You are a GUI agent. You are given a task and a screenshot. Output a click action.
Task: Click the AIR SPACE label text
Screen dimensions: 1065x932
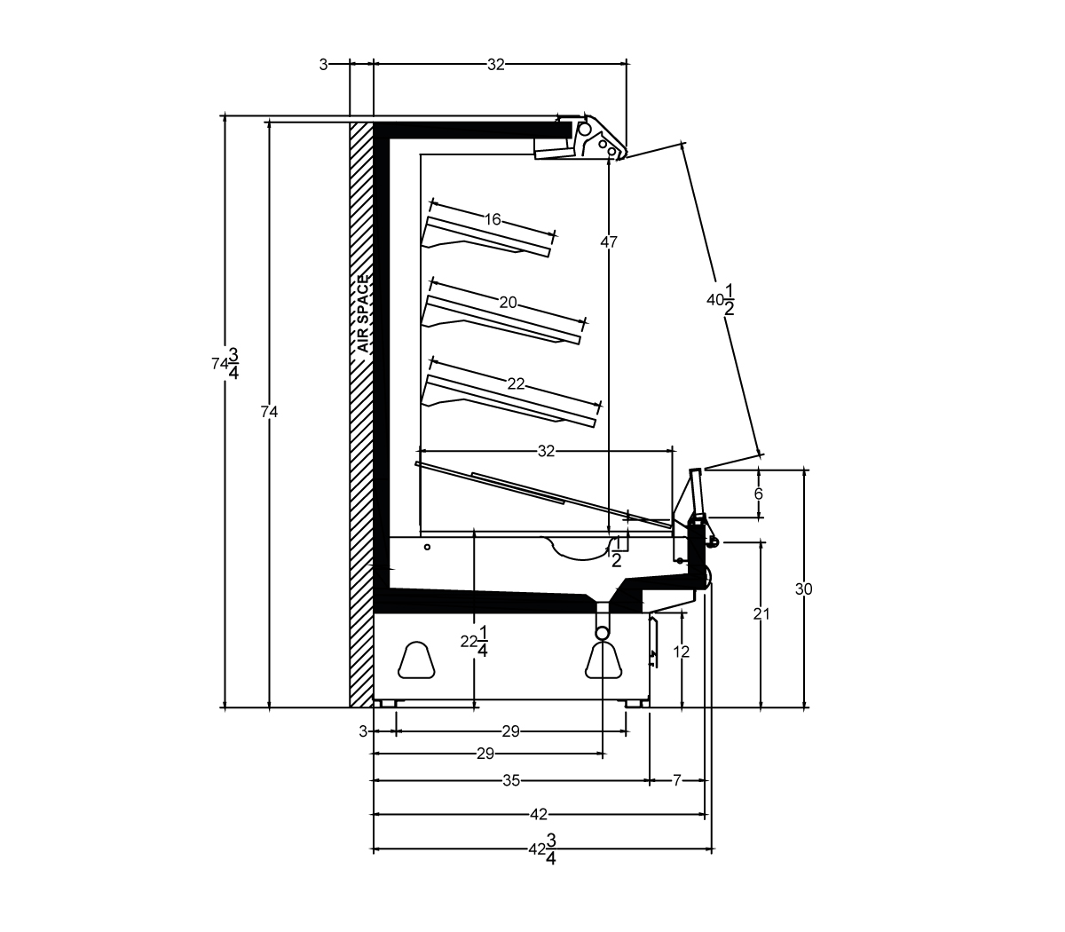pos(363,314)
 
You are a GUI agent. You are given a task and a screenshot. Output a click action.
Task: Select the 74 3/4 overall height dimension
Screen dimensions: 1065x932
pos(225,363)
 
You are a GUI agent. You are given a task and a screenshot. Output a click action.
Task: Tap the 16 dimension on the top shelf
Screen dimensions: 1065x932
pos(493,219)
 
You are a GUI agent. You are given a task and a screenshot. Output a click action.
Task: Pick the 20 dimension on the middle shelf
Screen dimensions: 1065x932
pos(508,302)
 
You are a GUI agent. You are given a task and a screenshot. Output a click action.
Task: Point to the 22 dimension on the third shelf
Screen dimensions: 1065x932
pos(516,383)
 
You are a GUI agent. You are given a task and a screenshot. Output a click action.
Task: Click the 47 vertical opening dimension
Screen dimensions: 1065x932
pos(609,241)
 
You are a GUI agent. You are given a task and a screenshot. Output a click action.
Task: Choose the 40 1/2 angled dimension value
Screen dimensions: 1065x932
pos(721,299)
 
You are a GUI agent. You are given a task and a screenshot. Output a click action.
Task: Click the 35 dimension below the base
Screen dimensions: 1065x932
pos(511,780)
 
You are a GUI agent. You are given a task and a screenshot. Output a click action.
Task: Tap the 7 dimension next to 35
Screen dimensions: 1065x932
pos(676,780)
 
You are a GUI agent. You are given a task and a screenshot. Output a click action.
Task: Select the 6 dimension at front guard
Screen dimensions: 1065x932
pos(759,494)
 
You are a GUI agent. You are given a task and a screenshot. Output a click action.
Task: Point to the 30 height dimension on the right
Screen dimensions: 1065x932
pos(804,588)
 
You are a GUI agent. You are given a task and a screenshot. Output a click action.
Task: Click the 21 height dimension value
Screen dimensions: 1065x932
pos(761,614)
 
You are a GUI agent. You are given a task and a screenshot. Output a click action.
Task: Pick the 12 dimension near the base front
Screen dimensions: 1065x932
pos(682,652)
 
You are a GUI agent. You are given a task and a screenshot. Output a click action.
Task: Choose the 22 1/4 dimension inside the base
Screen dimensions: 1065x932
pos(474,642)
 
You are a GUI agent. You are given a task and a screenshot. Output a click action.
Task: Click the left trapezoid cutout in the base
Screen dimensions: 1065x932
pos(416,660)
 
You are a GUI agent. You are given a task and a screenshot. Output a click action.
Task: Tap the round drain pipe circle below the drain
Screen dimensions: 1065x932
pos(603,633)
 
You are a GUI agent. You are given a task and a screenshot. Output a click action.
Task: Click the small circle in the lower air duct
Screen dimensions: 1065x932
pos(428,548)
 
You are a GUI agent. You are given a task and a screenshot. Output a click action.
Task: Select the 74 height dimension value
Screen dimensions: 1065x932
pos(269,412)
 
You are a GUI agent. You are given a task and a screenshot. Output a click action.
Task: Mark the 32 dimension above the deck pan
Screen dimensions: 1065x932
pos(546,451)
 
